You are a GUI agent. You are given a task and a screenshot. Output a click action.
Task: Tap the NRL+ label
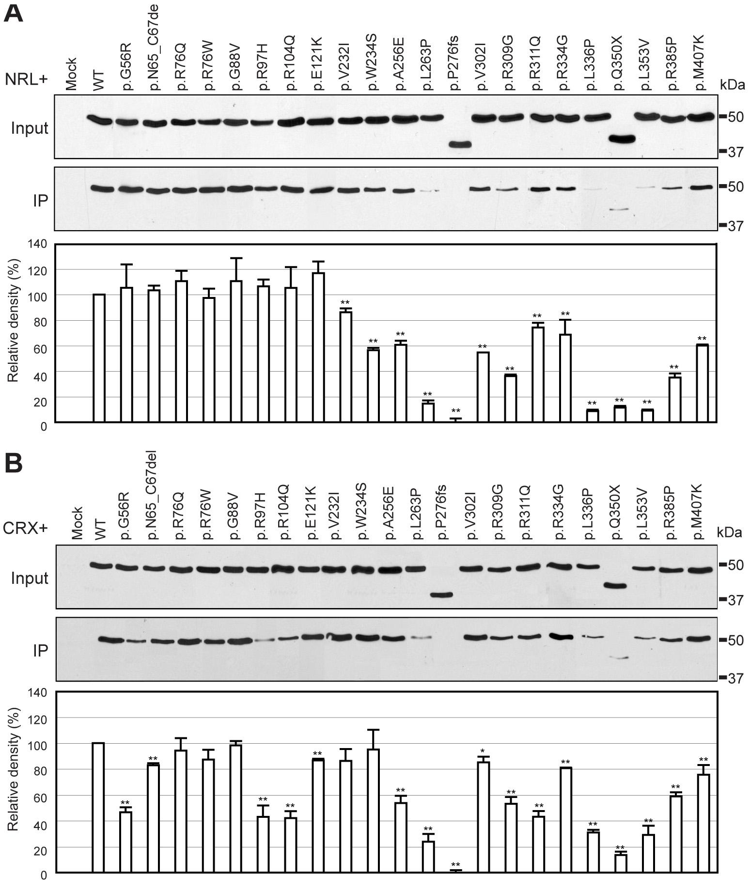pyautogui.click(x=26, y=79)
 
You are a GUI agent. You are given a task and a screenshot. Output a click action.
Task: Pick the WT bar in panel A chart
pyautogui.click(x=99, y=358)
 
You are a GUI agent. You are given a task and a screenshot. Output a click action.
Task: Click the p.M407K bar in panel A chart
pyautogui.click(x=703, y=383)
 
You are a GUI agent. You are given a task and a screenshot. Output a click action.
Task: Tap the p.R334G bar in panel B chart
pyautogui.click(x=565, y=819)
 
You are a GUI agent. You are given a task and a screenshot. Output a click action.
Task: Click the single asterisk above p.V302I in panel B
pyautogui.click(x=483, y=750)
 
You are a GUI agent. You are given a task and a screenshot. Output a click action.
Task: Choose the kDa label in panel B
pyautogui.click(x=731, y=533)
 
